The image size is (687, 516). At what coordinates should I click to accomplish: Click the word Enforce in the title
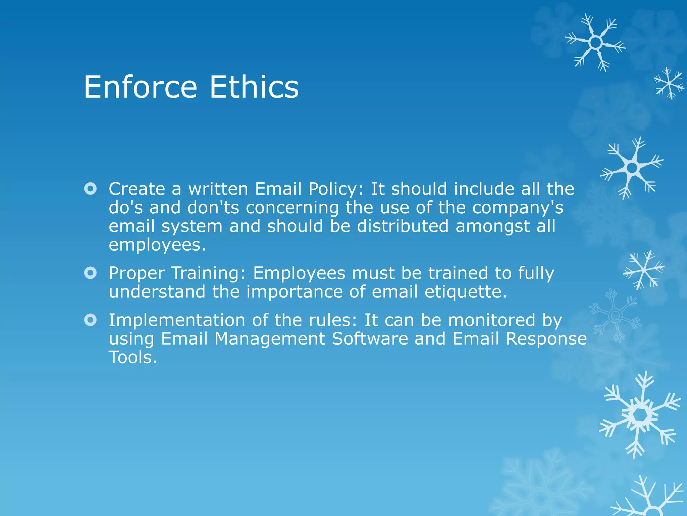coord(140,87)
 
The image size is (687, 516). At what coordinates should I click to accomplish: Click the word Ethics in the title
coord(254,87)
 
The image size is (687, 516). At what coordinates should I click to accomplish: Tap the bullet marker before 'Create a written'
coord(91,189)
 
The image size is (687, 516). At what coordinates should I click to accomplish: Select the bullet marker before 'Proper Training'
coord(91,273)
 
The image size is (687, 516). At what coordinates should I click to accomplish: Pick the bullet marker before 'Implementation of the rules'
coord(91,320)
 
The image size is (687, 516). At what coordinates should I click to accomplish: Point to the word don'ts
coord(213,208)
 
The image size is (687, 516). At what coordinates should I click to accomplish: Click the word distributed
coord(403,226)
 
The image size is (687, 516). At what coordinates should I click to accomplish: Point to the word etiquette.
coord(466,292)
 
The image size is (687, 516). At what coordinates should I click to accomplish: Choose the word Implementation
coord(177,320)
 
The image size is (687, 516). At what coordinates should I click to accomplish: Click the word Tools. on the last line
coord(133,357)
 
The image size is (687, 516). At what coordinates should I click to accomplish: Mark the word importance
coord(295,292)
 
